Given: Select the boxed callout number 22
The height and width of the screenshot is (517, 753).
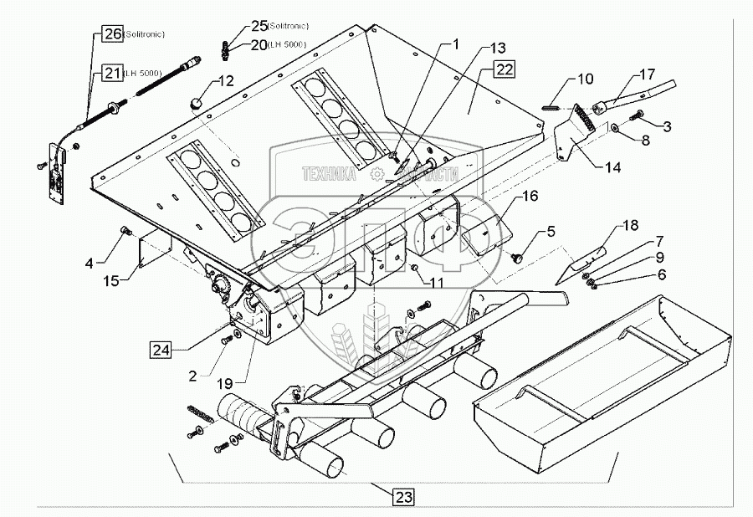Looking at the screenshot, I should click(x=505, y=69).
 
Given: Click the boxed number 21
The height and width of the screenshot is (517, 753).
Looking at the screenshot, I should click(x=112, y=74).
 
